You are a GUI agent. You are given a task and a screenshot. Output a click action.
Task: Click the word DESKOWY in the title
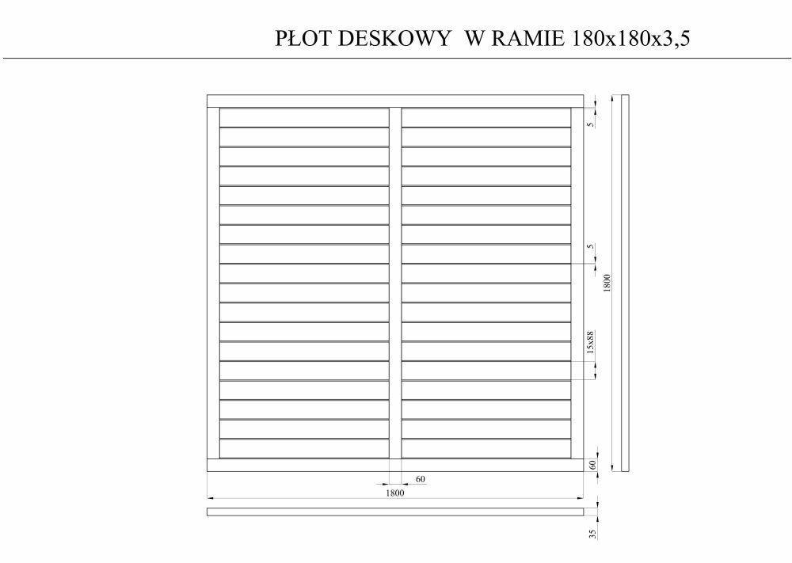[394, 38]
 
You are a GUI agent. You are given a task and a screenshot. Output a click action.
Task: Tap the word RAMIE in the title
[527, 38]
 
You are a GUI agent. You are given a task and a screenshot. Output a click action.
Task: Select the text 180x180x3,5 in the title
[630, 39]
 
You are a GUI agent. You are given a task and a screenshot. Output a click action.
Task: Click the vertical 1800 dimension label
[607, 283]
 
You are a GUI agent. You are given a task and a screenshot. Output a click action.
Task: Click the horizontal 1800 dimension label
[394, 493]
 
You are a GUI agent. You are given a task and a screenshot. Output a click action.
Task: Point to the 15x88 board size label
[591, 342]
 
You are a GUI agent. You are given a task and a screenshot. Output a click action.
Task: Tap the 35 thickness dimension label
[592, 534]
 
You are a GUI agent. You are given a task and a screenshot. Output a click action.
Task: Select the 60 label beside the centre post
[420, 479]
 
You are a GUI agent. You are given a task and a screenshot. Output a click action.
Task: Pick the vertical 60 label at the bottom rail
[592, 464]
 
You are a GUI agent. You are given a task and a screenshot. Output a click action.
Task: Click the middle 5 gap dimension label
[591, 246]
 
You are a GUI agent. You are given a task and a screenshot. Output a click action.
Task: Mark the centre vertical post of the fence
[395, 283]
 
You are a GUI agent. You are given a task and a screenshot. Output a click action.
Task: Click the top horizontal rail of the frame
[395, 101]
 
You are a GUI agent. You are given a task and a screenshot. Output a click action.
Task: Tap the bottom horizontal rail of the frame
[395, 465]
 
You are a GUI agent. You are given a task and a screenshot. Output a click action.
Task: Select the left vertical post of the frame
[213, 283]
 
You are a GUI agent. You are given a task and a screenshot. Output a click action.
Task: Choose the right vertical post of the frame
[577, 283]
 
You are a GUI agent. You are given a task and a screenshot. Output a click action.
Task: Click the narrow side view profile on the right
[621, 283]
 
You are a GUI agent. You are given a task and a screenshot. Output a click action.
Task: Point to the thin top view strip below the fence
[395, 512]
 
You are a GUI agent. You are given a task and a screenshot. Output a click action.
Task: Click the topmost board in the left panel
[304, 117]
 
